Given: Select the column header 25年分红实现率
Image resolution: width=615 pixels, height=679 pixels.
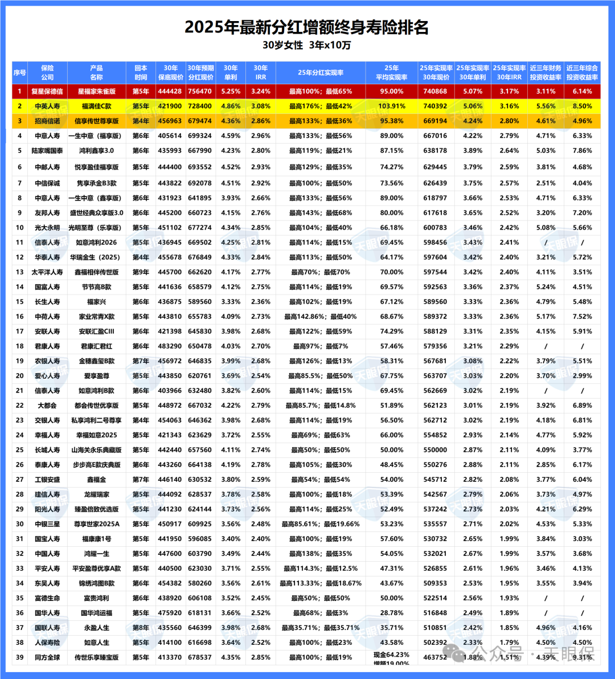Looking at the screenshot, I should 321,72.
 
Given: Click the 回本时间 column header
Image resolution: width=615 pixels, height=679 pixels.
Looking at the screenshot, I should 141,72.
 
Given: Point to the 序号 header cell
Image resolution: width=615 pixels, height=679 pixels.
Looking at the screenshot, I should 19,72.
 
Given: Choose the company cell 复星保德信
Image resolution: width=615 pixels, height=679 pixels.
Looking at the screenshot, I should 47,91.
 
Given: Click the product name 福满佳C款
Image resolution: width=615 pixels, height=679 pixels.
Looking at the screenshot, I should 97,106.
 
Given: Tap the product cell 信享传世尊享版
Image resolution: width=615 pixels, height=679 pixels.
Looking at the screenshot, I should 97,121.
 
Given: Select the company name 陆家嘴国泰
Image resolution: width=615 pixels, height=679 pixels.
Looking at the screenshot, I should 47,150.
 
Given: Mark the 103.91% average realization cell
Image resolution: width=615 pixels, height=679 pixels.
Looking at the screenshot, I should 391,106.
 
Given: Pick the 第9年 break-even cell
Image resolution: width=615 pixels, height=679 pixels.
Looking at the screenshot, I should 141,272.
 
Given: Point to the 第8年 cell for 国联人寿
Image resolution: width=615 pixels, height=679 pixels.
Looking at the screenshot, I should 141,628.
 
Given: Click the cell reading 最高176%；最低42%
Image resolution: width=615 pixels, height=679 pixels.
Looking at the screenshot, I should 321,106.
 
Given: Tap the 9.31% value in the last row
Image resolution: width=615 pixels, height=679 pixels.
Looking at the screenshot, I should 582,657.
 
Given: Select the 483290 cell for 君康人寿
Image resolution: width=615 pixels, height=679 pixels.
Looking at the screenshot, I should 170,346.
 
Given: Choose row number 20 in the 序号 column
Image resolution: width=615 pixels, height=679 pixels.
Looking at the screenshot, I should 19,376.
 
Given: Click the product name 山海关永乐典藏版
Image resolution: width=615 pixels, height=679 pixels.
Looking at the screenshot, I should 97,450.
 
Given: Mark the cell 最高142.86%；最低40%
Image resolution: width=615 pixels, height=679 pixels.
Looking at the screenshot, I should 321,317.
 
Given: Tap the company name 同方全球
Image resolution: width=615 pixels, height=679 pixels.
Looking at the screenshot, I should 47,657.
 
